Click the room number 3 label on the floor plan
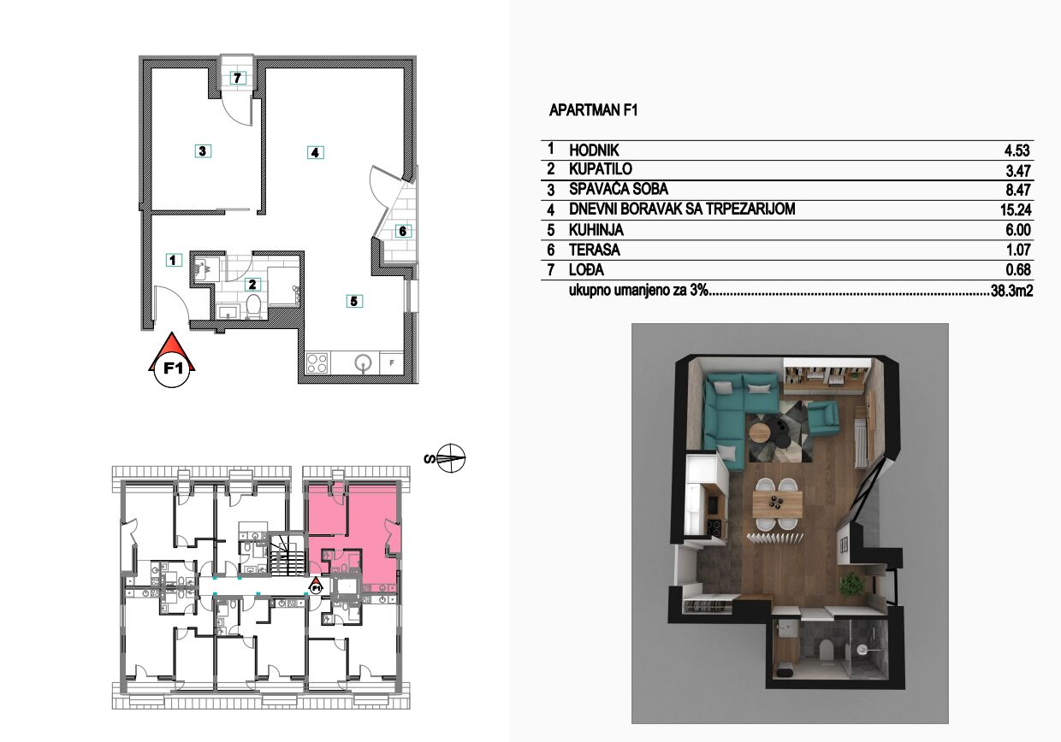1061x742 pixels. [203, 151]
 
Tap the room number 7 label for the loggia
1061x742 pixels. [238, 78]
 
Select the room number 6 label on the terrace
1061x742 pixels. [403, 232]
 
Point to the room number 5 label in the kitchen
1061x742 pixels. [354, 301]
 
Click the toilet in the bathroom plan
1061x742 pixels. [253, 307]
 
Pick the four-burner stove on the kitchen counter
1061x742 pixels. [317, 363]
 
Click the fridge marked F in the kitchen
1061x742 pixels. [392, 363]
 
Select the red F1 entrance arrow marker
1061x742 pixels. [173, 361]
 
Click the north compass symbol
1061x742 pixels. [450, 458]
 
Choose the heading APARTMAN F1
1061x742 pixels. [593, 110]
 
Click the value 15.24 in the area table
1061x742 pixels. [1016, 209]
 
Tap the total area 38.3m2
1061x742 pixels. [1011, 290]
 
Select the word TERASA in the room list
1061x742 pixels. [595, 250]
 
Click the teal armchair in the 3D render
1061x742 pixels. [823, 419]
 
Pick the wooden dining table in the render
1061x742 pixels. [778, 504]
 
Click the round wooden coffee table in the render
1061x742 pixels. [760, 432]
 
